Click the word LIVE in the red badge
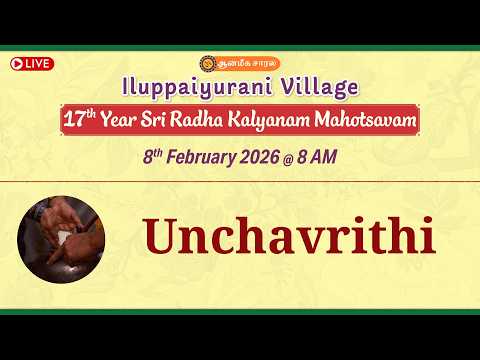pyautogui.click(x=39, y=64)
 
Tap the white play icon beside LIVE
pyautogui.click(x=18, y=64)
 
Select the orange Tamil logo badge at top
pyautogui.click(x=240, y=62)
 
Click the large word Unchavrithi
pyautogui.click(x=288, y=236)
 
